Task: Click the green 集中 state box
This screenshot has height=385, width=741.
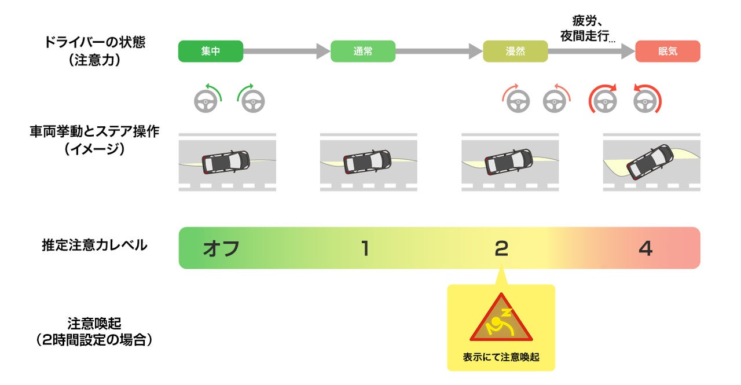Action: [211, 52]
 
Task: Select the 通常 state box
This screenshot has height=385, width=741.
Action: [363, 52]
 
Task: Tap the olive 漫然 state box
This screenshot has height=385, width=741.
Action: [515, 52]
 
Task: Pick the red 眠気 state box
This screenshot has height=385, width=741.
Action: [667, 52]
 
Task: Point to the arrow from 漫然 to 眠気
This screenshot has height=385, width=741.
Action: [591, 52]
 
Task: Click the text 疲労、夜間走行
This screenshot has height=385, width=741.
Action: [588, 29]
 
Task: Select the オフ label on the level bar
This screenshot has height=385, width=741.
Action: [221, 248]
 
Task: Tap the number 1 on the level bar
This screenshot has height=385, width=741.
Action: [365, 248]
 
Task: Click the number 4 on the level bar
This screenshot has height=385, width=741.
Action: [645, 248]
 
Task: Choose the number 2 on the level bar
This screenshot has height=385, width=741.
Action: [501, 248]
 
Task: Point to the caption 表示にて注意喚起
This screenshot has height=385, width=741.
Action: [501, 357]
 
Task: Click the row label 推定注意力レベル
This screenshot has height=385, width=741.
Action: [94, 245]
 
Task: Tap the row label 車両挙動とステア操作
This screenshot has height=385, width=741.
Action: [94, 140]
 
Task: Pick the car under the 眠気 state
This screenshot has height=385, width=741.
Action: [650, 162]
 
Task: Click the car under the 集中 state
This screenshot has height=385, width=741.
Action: [226, 162]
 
